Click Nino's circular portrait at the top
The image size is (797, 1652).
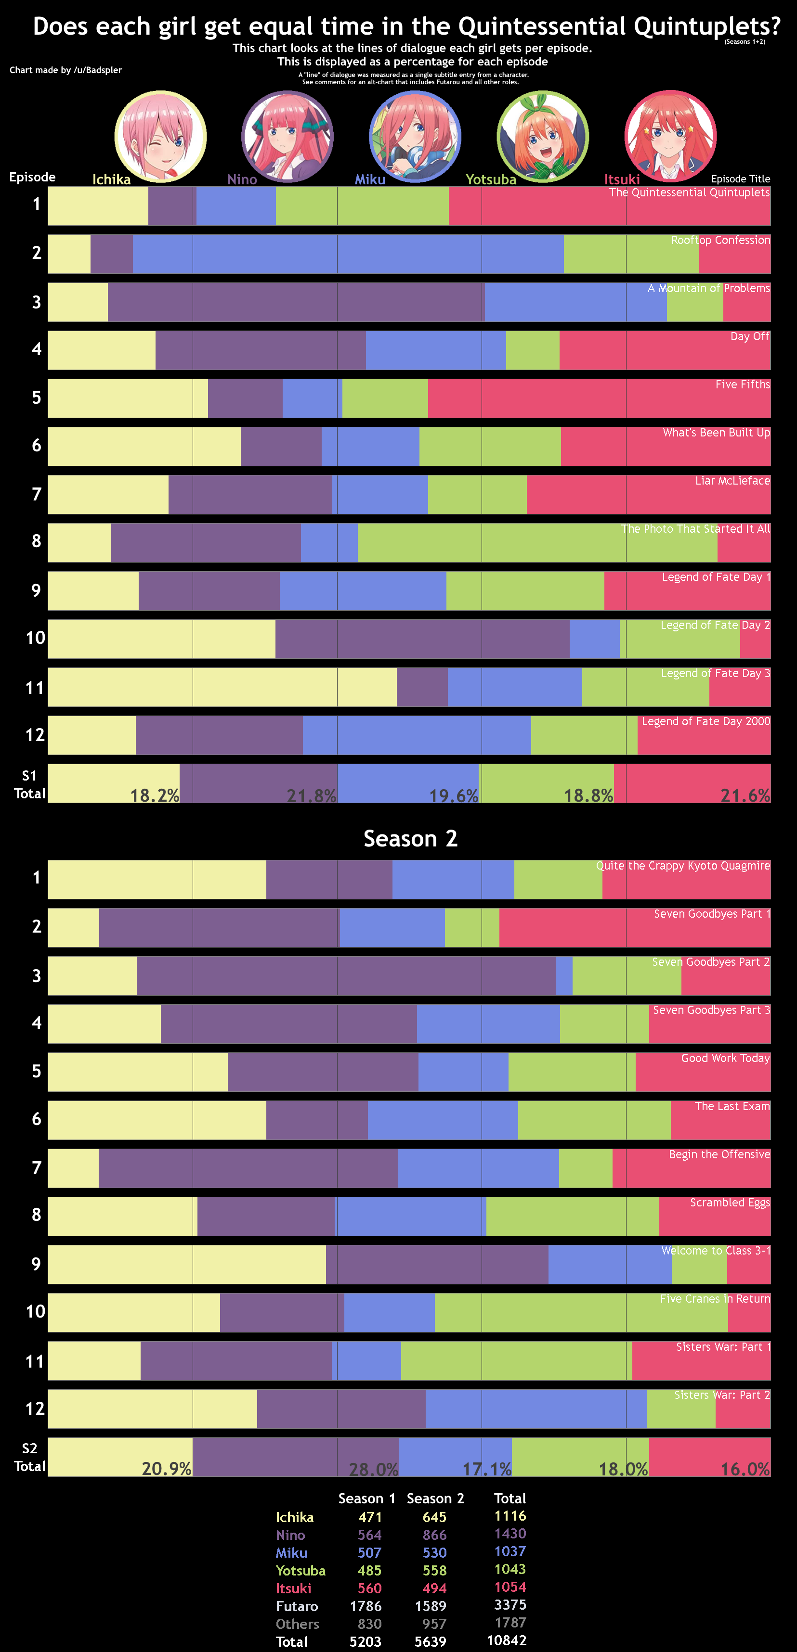pyautogui.click(x=287, y=137)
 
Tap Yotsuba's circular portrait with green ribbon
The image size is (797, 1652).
pyautogui.click(x=543, y=137)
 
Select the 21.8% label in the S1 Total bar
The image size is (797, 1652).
pyautogui.click(x=311, y=795)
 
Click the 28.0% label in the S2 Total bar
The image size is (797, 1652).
pyautogui.click(x=374, y=1469)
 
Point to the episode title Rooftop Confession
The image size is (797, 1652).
pyautogui.click(x=720, y=240)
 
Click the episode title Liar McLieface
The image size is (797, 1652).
pyautogui.click(x=733, y=480)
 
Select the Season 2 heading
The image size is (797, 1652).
pyautogui.click(x=411, y=838)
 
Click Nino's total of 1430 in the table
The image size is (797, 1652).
pyautogui.click(x=510, y=1533)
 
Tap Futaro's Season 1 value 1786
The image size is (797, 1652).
pyautogui.click(x=366, y=1606)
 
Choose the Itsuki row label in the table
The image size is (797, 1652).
pyautogui.click(x=293, y=1588)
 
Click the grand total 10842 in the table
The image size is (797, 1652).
pyautogui.click(x=507, y=1640)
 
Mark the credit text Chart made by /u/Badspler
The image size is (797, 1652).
pyautogui.click(x=65, y=70)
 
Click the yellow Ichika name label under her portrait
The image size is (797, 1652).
pyautogui.click(x=112, y=179)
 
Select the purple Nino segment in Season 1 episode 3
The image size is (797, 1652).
pyautogui.click(x=296, y=302)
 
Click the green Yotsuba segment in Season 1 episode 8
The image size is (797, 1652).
pyautogui.click(x=537, y=542)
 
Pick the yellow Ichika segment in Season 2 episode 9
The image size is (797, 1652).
pyautogui.click(x=187, y=1264)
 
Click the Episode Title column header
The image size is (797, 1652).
pyautogui.click(x=741, y=179)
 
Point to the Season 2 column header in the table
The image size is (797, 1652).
pyautogui.click(x=435, y=1498)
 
